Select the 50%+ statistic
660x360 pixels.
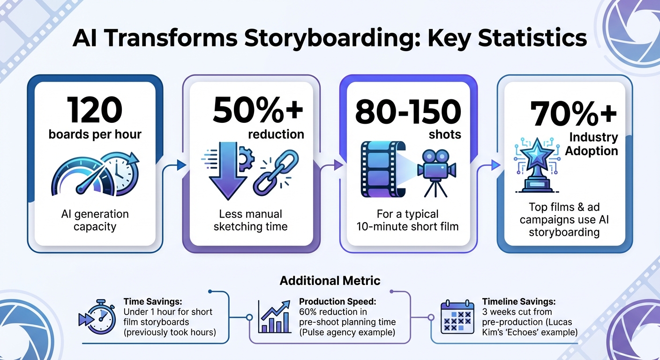point(257,111)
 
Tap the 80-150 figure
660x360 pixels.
point(408,112)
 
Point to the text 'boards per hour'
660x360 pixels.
point(95,134)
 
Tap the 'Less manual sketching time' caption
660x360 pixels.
point(250,220)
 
